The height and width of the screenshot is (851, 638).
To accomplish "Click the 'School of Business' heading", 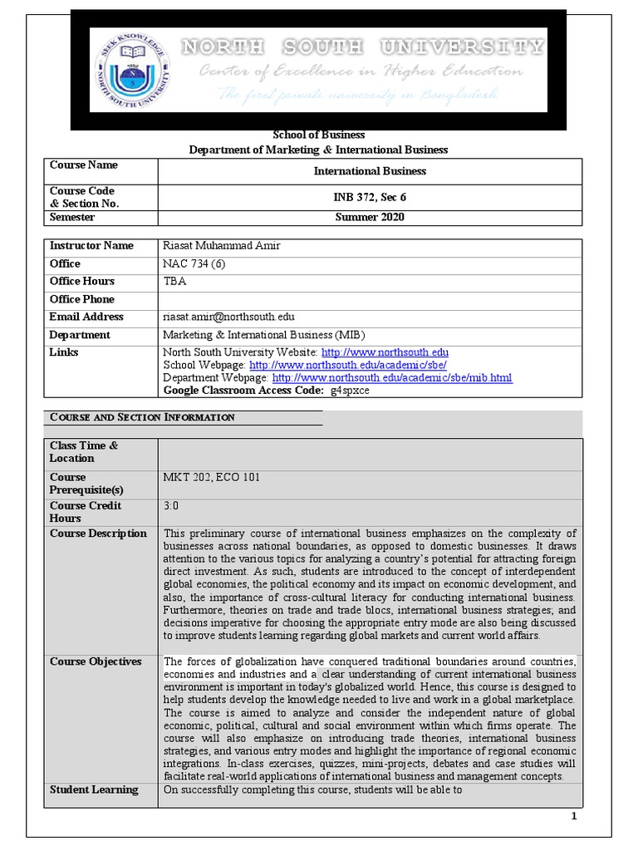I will (x=319, y=135).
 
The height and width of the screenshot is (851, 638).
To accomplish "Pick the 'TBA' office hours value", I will (x=174, y=281).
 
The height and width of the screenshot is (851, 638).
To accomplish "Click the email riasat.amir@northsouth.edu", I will (x=228, y=317).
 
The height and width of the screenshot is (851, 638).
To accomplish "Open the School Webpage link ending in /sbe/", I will (x=348, y=365).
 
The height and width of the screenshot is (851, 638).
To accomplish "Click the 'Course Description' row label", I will (x=98, y=534).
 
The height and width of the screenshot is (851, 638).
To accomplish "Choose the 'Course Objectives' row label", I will (x=96, y=662).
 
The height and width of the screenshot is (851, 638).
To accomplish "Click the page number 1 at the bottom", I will (x=573, y=817).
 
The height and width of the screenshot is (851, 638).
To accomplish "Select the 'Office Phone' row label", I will (x=82, y=299).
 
